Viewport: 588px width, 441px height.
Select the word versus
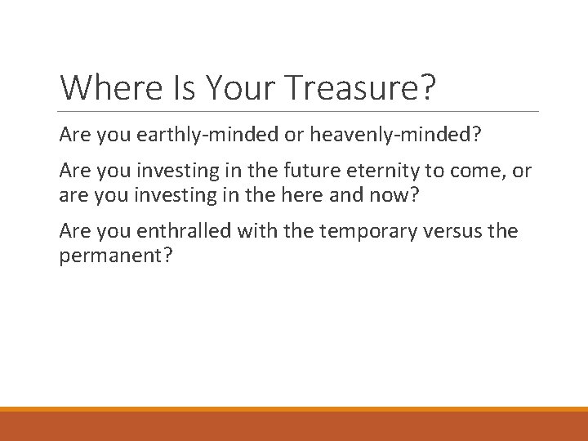coord(442,232)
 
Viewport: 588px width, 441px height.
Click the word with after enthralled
coord(258,232)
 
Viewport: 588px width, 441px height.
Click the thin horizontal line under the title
coord(299,111)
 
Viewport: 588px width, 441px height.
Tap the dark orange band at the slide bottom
coord(294,426)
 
